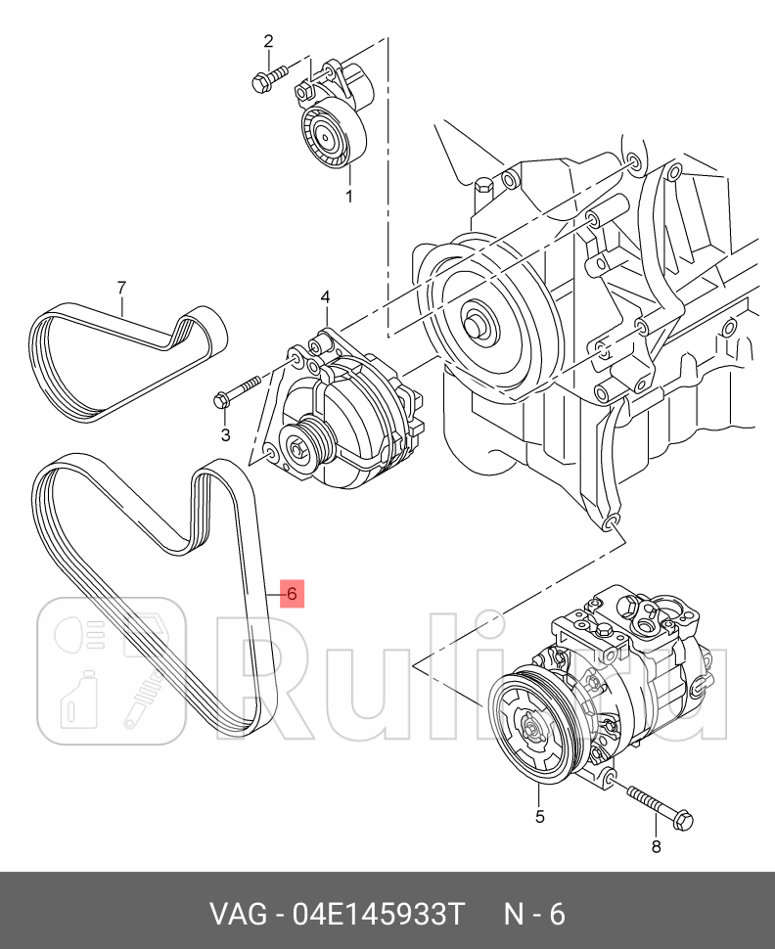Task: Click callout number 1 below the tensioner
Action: [x=348, y=197]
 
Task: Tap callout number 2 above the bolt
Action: [x=267, y=41]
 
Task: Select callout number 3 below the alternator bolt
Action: [x=225, y=434]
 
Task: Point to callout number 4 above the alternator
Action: [x=325, y=297]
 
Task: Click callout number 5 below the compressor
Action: [x=538, y=815]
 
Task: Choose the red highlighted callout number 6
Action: [x=292, y=593]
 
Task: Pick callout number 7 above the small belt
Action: [x=121, y=287]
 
